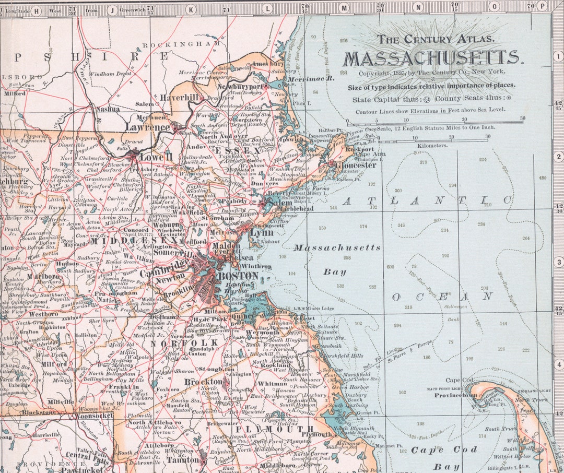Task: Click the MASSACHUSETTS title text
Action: coord(432,58)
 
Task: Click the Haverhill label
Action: coord(180,98)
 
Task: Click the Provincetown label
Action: coord(455,395)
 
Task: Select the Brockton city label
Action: coord(203,382)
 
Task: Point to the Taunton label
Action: coord(183,460)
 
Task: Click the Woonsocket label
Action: coord(92,416)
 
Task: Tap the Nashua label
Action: coord(107,109)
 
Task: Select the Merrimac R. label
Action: coord(315,78)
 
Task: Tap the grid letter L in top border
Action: coord(268,8)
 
